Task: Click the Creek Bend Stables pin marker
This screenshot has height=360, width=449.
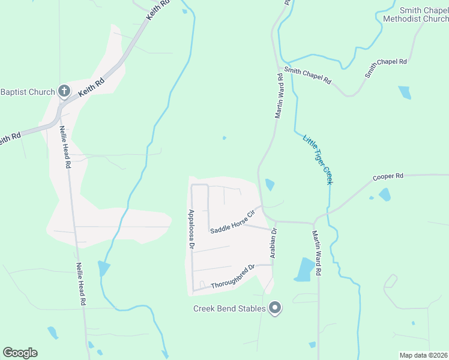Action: pos(276,308)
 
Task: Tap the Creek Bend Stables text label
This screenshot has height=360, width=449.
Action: pos(229,309)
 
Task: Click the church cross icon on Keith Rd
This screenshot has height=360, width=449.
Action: pos(64,92)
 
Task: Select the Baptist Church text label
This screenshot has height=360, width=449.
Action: pos(28,92)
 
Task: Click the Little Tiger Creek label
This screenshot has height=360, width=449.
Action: pos(318,159)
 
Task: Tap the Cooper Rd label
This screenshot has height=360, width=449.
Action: pos(388,177)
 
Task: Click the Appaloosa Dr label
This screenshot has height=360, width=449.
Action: pos(191,229)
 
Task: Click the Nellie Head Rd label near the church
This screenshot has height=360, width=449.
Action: pos(65,146)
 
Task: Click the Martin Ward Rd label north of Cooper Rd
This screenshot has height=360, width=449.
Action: pos(279,96)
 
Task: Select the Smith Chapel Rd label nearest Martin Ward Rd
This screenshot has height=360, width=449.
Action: pos(308,75)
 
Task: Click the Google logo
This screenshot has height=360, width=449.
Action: pos(20,353)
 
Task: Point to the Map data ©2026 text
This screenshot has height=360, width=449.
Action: pos(423,355)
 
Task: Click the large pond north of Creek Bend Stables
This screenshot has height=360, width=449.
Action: pos(305,269)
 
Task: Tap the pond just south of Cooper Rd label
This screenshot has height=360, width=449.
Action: pos(384,194)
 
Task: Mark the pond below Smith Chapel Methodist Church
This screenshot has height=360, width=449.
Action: pos(405,92)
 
